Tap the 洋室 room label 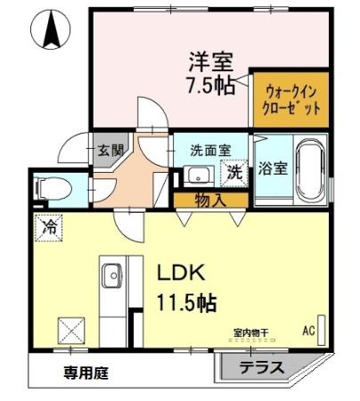(210, 63)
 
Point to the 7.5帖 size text (210, 87)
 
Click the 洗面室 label (209, 150)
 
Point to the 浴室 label (273, 168)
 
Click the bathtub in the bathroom (310, 168)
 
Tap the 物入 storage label (210, 200)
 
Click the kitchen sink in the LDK (112, 276)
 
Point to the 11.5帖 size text (187, 302)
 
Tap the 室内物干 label (250, 333)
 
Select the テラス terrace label (261, 368)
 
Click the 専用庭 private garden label (86, 373)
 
